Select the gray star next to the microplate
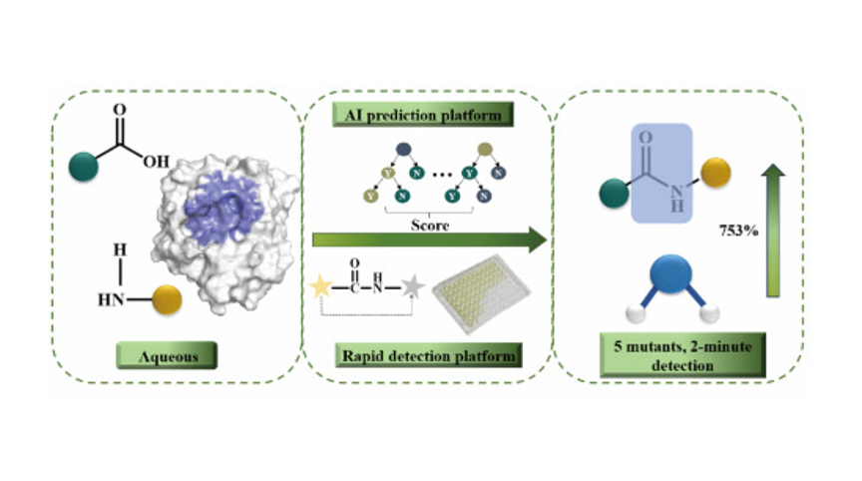411,288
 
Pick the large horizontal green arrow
429,240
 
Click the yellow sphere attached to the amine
168,297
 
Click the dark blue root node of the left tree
404,150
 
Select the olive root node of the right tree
485,150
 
